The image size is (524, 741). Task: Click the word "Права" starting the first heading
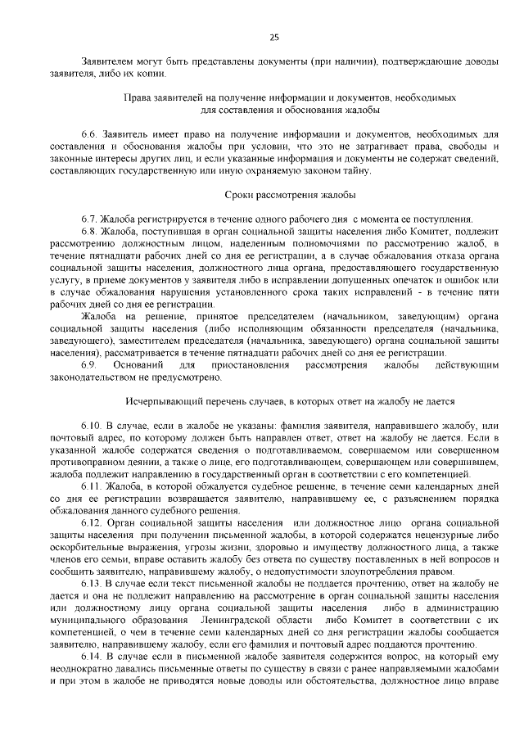coord(137,97)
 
